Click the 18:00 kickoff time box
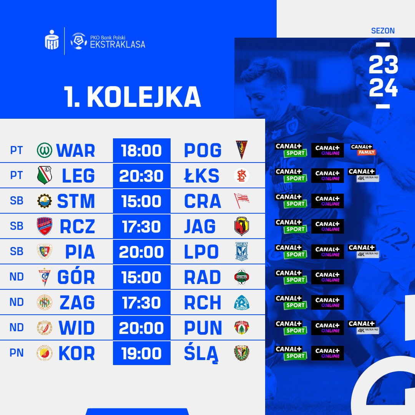tap(141, 150)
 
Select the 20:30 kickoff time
tap(141, 176)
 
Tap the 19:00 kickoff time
tap(141, 353)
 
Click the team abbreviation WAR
tap(76, 151)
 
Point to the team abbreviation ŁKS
tap(202, 176)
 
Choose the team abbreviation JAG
tap(200, 227)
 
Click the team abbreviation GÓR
tap(76, 277)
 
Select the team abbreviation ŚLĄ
tap(201, 354)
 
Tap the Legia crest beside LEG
tap(45, 175)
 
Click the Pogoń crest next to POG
tap(241, 150)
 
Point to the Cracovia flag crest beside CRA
tap(241, 200)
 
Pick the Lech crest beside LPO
tap(241, 251)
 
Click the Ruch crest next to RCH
tap(242, 302)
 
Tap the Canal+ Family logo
tap(363, 149)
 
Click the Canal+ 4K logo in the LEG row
tap(364, 175)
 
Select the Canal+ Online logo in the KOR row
tap(327, 353)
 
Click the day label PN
tap(17, 353)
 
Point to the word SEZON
tap(383, 31)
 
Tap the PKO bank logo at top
tap(51, 40)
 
